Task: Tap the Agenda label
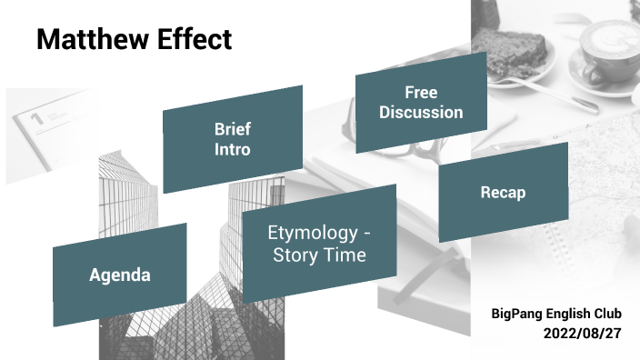[119, 275]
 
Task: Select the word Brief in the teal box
[232, 129]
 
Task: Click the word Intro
[232, 149]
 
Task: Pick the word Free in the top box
[421, 93]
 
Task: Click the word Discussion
[421, 113]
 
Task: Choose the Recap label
[503, 193]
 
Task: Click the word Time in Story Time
[346, 255]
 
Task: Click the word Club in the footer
[605, 314]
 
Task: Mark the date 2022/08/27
[582, 334]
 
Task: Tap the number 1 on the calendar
[37, 117]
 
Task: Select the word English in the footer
[568, 314]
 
